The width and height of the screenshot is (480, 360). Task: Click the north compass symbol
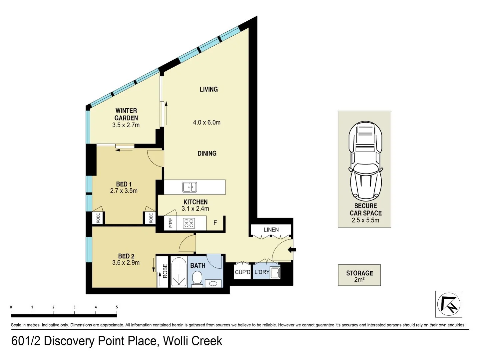(449, 304)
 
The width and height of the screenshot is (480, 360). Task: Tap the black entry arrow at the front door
(292, 250)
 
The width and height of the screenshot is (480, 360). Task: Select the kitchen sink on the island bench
(190, 187)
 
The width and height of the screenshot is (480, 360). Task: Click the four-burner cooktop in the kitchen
(189, 223)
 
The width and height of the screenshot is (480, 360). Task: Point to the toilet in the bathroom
(197, 279)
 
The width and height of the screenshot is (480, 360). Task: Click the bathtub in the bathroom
(179, 272)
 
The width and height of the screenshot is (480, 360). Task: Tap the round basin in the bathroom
(213, 284)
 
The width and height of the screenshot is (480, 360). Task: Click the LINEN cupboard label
(271, 230)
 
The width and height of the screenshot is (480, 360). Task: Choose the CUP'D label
(242, 272)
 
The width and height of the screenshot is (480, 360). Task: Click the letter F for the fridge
(215, 223)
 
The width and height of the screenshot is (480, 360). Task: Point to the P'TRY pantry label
(171, 223)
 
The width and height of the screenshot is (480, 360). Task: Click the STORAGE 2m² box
(359, 275)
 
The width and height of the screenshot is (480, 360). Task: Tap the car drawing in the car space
(366, 161)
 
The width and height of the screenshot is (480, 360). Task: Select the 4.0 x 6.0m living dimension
(207, 122)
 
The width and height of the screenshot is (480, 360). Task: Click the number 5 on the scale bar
(117, 307)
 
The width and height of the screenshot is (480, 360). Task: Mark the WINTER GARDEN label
(126, 114)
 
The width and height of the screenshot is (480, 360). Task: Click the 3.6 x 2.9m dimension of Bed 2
(126, 263)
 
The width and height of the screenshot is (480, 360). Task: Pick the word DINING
(207, 153)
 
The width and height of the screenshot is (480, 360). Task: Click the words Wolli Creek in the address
(193, 341)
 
